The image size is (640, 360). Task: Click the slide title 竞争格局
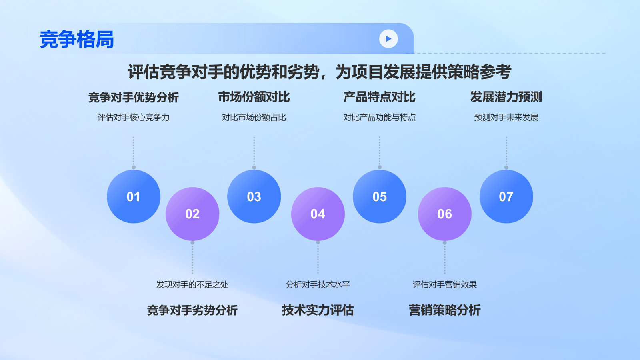point(77,40)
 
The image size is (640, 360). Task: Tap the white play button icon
point(388,39)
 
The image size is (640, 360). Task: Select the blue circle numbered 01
point(134,196)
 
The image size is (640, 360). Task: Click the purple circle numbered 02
point(192,214)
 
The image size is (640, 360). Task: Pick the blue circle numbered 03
point(254,196)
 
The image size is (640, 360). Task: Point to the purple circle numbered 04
point(318,214)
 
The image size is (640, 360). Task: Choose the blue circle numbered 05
point(380,196)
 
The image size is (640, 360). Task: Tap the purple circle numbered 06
point(445,214)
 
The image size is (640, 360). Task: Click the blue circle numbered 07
point(506,196)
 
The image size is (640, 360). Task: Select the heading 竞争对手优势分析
point(134,97)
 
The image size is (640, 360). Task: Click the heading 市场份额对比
point(254,97)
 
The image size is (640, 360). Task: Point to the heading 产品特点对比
point(380,97)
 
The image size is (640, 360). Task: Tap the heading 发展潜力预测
point(506,97)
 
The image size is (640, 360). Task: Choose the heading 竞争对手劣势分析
point(192,310)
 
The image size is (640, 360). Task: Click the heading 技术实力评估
point(318,310)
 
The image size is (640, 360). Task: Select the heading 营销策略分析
point(445,310)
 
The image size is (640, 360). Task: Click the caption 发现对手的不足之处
point(192,284)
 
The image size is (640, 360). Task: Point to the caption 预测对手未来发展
point(506,117)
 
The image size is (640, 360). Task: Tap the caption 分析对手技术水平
point(318,284)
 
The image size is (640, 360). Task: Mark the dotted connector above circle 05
point(380,152)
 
